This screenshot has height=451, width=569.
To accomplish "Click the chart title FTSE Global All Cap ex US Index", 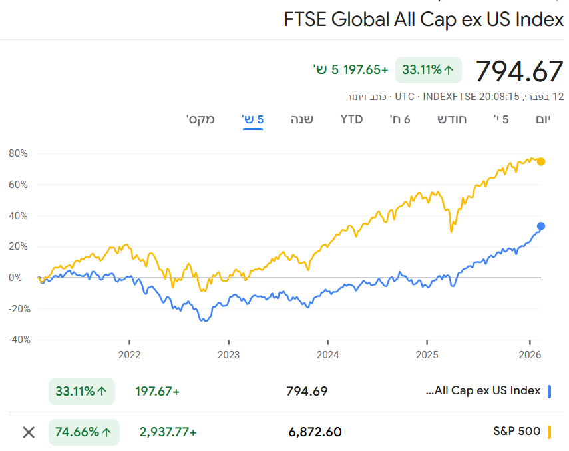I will pyautogui.click(x=423, y=19).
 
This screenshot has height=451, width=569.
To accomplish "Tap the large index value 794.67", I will pyautogui.click(x=519, y=70).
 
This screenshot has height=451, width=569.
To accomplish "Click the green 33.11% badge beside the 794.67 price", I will pyautogui.click(x=428, y=70).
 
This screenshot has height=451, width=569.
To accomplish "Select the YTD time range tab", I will pyautogui.click(x=351, y=119).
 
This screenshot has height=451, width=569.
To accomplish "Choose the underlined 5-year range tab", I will pyautogui.click(x=253, y=119).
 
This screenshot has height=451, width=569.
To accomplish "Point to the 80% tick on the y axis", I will pyautogui.click(x=18, y=153).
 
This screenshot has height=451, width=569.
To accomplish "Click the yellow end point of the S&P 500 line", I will pyautogui.click(x=541, y=161).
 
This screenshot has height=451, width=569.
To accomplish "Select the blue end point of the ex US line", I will pyautogui.click(x=541, y=226).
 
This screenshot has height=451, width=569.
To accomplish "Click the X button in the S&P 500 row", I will pyautogui.click(x=29, y=432).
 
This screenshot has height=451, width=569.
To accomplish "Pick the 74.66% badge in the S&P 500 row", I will pyautogui.click(x=84, y=432).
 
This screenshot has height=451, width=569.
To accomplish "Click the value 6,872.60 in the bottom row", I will pyautogui.click(x=315, y=432).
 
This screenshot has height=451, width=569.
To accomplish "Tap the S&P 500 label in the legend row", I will pyautogui.click(x=516, y=432).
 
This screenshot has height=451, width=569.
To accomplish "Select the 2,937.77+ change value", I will pyautogui.click(x=168, y=432).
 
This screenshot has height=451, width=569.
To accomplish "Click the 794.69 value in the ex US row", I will pyautogui.click(x=307, y=391).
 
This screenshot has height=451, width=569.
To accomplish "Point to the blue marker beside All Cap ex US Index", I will pyautogui.click(x=550, y=391).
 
